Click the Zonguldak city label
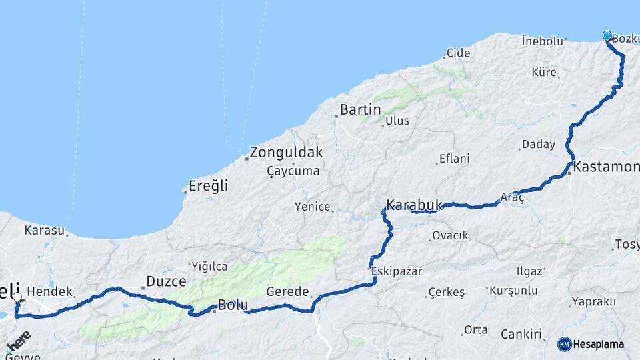[x=287, y=152]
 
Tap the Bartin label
[x=360, y=109]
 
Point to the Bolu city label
[x=233, y=306]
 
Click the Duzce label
[x=166, y=281]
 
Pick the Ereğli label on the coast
[x=209, y=186]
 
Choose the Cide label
[x=458, y=53]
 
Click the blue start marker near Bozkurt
[x=607, y=35]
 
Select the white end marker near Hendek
[x=17, y=297]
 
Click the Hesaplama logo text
[x=599, y=344]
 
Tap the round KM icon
[x=565, y=344]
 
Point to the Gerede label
[x=288, y=291]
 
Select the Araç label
[x=513, y=197]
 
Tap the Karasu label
[x=44, y=231]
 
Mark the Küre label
[x=544, y=72]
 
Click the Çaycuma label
[x=293, y=171]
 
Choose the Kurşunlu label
[x=513, y=291]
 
